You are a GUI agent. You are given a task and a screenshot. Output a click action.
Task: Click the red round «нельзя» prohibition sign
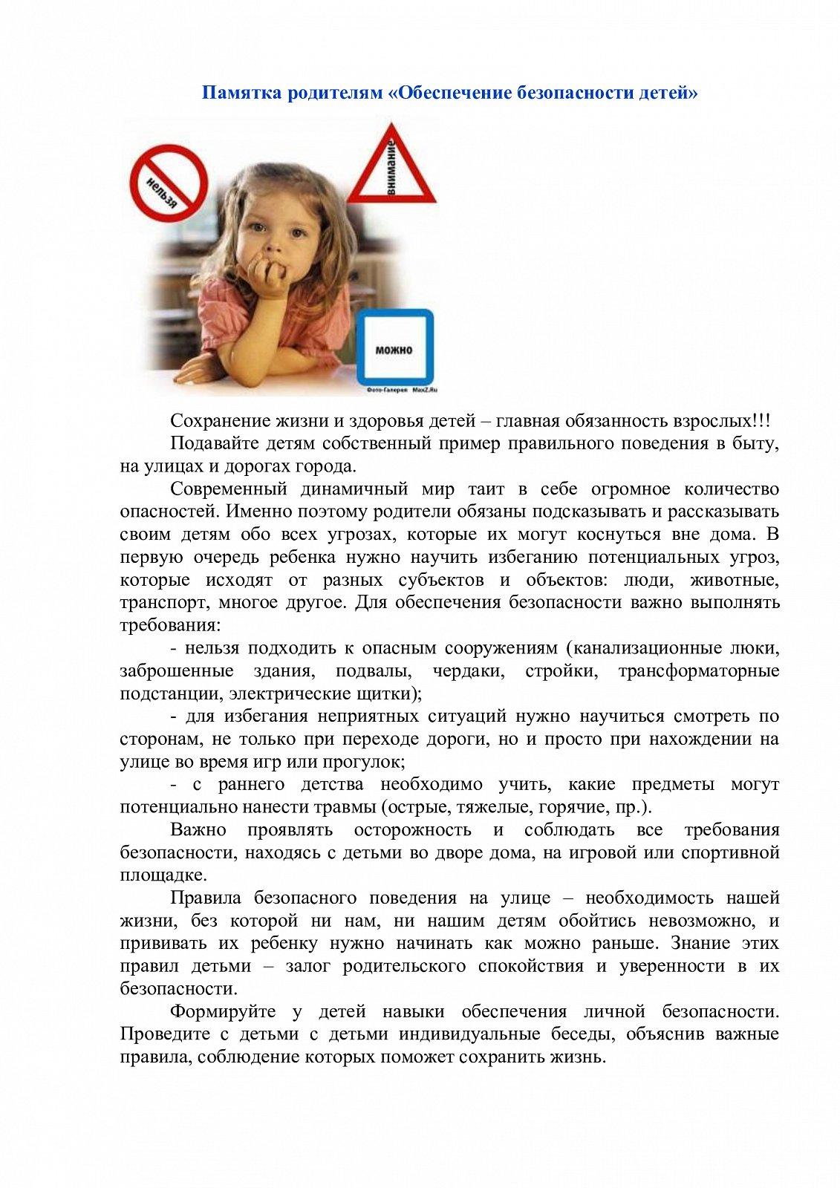(x=169, y=183)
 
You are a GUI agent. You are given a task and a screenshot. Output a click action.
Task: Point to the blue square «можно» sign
(x=394, y=347)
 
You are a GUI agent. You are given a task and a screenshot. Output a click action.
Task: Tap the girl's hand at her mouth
(x=269, y=275)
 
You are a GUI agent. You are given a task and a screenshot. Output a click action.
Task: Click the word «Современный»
(x=228, y=489)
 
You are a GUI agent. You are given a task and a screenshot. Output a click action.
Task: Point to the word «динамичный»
(x=354, y=489)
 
